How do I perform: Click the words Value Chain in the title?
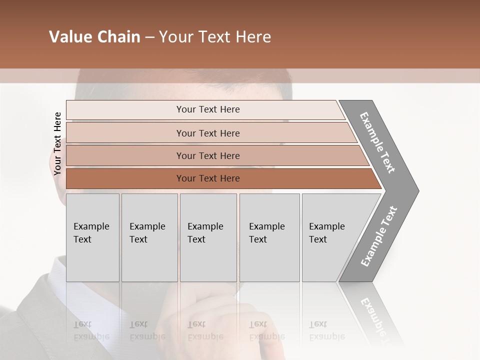tap(94, 37)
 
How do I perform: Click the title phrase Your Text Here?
tap(215, 37)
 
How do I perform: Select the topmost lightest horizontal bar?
tap(205, 109)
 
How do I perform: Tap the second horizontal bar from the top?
tap(208, 133)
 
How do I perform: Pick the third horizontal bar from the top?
tap(208, 155)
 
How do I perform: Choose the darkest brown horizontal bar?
tap(208, 178)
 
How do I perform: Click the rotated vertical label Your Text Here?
tap(57, 143)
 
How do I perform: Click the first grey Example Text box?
tap(92, 237)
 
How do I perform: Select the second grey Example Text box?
tap(149, 237)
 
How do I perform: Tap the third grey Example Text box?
tap(207, 237)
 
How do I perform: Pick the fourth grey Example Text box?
tap(269, 237)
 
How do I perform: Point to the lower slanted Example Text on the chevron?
tap(379, 236)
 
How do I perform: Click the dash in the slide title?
tap(149, 37)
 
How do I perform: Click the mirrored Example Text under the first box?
tap(91, 330)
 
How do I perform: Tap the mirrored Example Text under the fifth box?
tap(326, 330)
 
